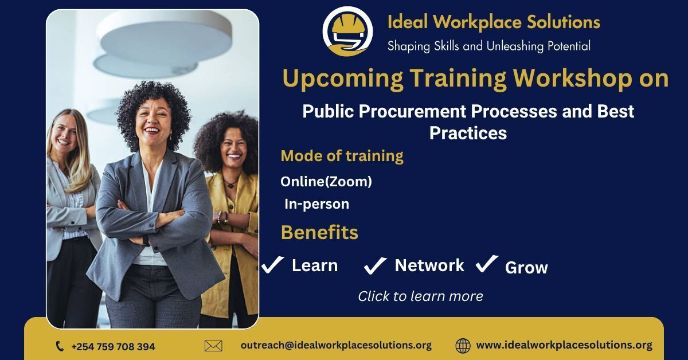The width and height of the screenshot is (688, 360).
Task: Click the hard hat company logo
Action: point(347,32)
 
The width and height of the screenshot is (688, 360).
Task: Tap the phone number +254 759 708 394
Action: point(113,346)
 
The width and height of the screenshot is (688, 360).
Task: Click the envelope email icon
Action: point(213,346)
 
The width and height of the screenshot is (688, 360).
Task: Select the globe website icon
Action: point(463,346)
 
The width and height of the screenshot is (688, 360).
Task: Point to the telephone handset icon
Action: point(60,346)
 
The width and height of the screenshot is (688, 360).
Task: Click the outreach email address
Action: point(336,345)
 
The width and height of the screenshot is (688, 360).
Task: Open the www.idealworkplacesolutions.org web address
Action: point(564,345)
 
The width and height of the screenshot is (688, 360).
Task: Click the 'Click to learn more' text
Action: point(420,296)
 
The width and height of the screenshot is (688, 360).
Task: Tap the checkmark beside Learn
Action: point(272,264)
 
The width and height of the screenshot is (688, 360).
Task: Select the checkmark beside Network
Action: point(375,265)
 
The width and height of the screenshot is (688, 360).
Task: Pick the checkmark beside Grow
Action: point(487,264)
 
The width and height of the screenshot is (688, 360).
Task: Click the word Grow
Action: point(526,268)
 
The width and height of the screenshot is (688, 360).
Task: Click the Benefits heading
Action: point(319,232)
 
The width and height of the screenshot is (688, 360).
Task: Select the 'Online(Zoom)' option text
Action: point(326,182)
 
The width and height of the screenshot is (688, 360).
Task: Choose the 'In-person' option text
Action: point(316,204)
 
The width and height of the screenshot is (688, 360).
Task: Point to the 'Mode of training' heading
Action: point(342,156)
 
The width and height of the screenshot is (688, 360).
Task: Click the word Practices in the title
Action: point(468,133)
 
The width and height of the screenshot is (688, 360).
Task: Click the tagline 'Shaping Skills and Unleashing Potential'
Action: point(488,46)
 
